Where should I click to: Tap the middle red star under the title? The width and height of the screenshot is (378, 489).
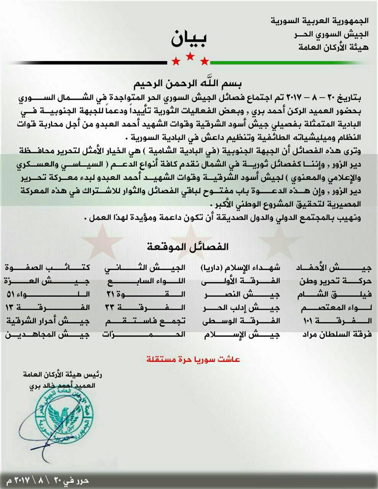click(x=190, y=57)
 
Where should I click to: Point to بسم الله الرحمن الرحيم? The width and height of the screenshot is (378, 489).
click(x=190, y=82)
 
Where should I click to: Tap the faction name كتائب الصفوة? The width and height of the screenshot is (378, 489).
click(x=47, y=268)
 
